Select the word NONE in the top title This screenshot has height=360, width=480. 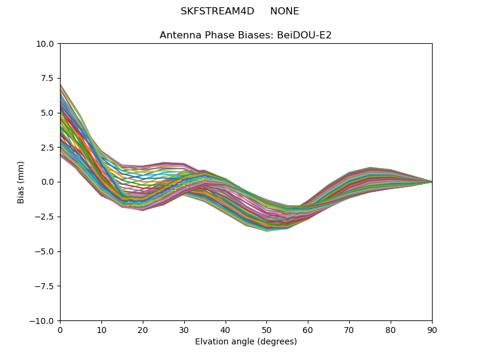(x=284, y=11)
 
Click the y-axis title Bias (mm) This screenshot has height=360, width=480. (x=21, y=182)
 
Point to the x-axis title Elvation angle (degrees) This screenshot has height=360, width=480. (x=246, y=342)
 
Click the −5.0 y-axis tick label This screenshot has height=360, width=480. (x=46, y=251)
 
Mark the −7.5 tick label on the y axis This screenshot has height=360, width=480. (x=46, y=286)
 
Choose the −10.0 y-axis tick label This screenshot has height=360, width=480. (x=43, y=321)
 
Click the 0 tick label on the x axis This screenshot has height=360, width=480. (x=60, y=330)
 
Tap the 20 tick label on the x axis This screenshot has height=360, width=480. (x=143, y=330)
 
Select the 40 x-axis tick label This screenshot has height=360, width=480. (x=226, y=330)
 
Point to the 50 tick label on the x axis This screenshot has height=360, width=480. (x=266, y=330)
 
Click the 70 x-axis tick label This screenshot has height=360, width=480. (x=349, y=330)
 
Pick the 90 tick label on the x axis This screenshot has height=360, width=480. (x=432, y=330)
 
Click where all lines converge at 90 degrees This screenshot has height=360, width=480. (x=431, y=182)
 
